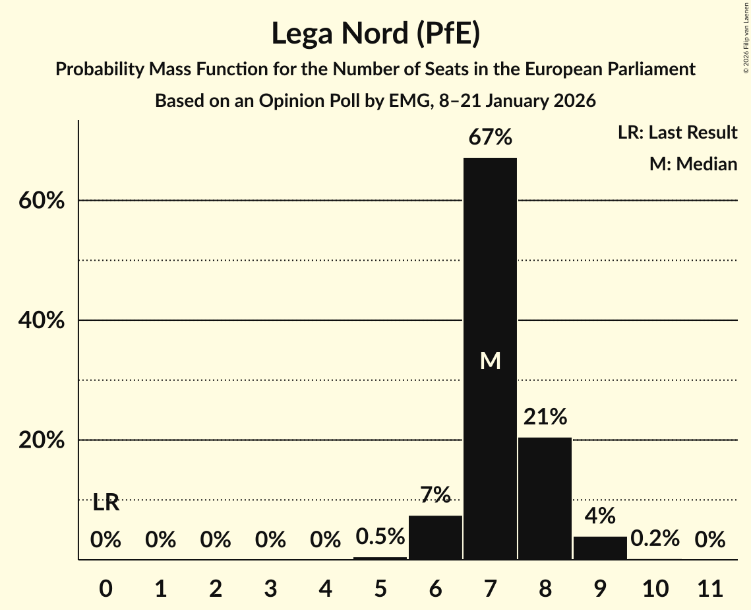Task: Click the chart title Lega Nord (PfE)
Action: point(375,33)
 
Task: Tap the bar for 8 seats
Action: point(545,498)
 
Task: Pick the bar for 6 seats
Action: point(435,537)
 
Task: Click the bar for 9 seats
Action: point(600,548)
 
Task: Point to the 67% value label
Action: point(490,138)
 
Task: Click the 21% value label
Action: point(545,417)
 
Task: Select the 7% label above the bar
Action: point(435,494)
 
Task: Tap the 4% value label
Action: point(600,516)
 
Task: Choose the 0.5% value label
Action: point(380,537)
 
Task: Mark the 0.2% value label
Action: point(655,539)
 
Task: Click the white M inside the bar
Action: point(490,360)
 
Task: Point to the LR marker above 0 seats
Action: point(105,503)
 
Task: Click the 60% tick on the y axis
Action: point(42,201)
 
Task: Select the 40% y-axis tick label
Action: point(42,321)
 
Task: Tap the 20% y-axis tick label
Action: point(42,441)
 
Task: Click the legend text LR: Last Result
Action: point(677,133)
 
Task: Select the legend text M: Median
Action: point(693,164)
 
